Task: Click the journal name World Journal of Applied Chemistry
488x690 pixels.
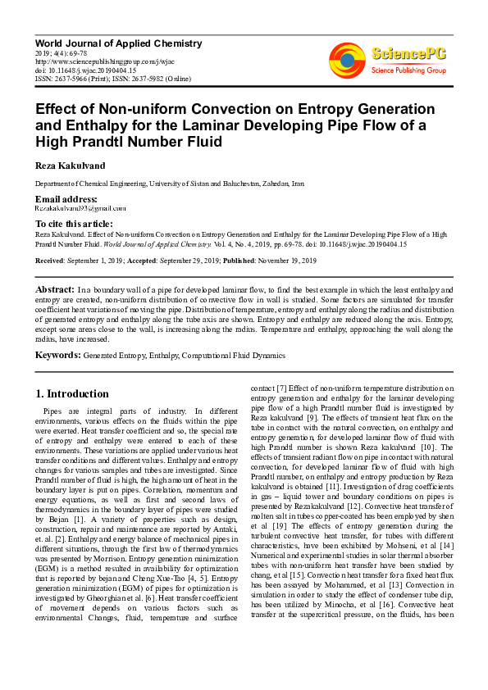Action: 118,43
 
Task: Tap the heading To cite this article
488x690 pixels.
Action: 74,224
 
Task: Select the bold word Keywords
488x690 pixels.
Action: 57,356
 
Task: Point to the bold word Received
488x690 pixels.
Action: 52,261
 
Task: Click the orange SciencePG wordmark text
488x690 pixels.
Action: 410,55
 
